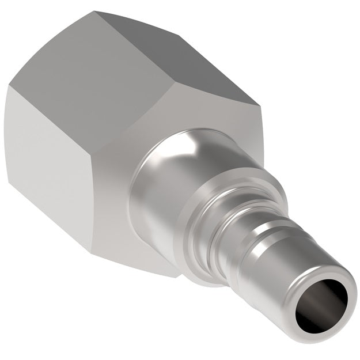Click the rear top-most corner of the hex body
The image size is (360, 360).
click(x=96, y=12)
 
